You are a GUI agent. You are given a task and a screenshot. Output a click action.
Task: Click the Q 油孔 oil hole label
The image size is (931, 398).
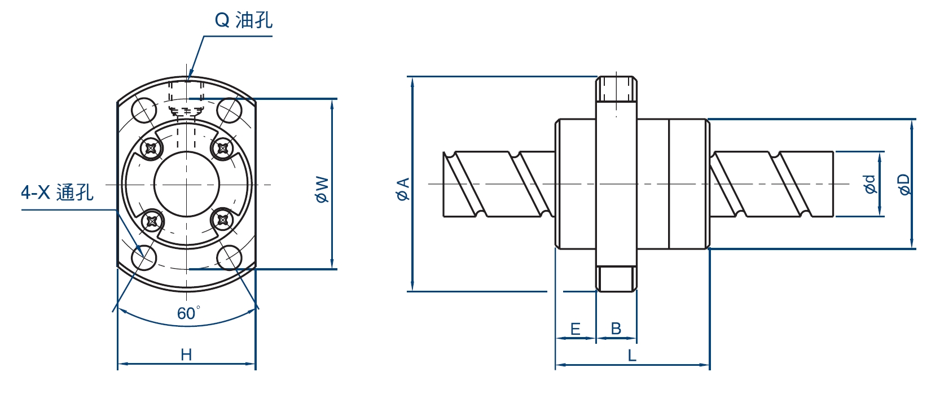pyautogui.click(x=244, y=20)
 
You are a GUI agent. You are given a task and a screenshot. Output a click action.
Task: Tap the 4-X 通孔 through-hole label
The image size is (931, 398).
pyautogui.click(x=57, y=193)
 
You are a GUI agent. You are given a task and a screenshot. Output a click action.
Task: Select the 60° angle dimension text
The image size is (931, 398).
pyautogui.click(x=188, y=313)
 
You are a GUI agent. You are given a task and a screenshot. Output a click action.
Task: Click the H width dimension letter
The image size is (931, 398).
pyautogui.click(x=186, y=355)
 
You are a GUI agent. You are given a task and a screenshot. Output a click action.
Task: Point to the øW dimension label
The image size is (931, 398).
pyautogui.click(x=322, y=190)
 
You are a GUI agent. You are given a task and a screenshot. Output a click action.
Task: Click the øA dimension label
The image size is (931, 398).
pyautogui.click(x=403, y=189)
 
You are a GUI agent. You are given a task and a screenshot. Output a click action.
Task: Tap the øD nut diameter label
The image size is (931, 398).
pyautogui.click(x=904, y=184)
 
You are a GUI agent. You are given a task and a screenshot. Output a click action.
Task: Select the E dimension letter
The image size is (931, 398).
pyautogui.click(x=576, y=329)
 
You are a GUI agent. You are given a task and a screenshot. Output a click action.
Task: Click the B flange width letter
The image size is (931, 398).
pyautogui.click(x=616, y=329)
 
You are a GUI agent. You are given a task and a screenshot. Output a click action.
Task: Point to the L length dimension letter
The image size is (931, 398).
pyautogui.click(x=632, y=356)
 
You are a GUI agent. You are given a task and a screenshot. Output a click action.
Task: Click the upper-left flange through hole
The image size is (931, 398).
pyautogui.click(x=143, y=109)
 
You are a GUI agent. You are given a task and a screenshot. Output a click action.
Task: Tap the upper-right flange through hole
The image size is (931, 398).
pyautogui.click(x=229, y=110)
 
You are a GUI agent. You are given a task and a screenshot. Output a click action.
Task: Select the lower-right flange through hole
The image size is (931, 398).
pyautogui.click(x=229, y=258)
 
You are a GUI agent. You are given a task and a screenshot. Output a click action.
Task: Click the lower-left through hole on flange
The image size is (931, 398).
pyautogui.click(x=143, y=258)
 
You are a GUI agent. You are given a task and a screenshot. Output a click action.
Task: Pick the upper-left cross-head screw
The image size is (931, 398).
pyautogui.click(x=152, y=149)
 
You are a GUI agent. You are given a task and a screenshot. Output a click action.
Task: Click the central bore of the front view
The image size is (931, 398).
pyautogui.click(x=186, y=184)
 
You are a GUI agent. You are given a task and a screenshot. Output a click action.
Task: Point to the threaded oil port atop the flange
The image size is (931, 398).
pyautogui.click(x=616, y=89)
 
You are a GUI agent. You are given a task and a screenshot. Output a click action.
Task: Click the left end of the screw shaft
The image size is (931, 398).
pyautogui.click(x=449, y=184)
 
